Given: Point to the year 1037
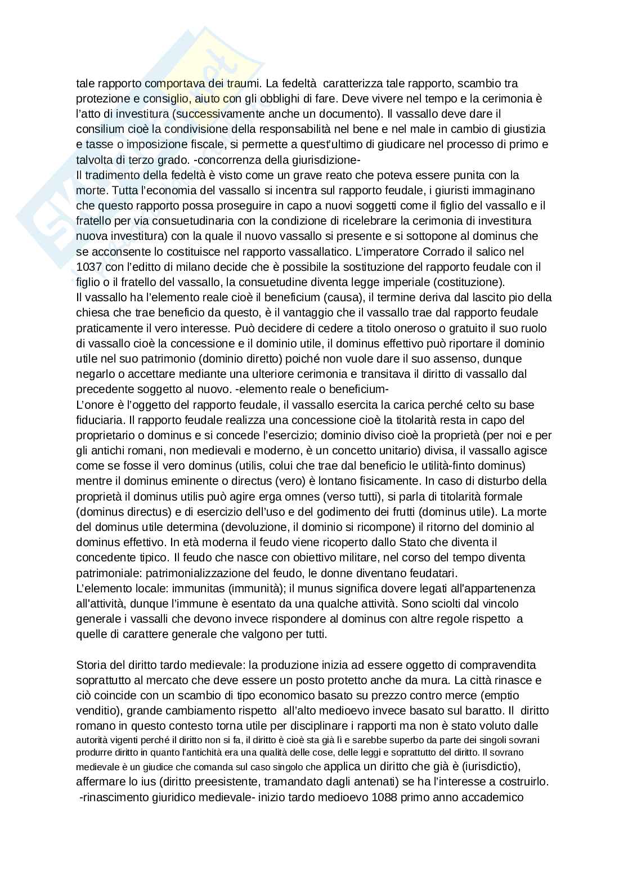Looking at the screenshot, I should point(87,266).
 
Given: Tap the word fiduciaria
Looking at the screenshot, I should point(99,420).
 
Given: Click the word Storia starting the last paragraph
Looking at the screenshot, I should point(90,665).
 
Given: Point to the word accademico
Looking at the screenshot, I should point(493,797).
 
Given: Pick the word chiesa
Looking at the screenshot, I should point(91,312).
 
